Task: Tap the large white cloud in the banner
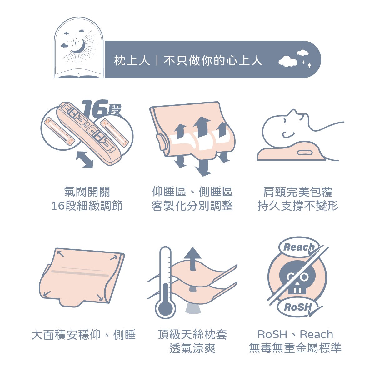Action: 287,61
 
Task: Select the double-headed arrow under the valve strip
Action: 85,159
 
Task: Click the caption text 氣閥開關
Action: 87,192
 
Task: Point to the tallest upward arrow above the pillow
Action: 202,127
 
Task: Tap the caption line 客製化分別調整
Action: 192,206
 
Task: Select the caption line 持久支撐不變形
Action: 298,206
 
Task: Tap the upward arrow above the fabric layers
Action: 193,259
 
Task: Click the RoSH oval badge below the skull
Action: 298,307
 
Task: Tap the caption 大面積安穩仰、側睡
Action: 83,335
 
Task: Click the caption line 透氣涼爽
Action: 192,348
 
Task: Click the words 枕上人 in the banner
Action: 132,60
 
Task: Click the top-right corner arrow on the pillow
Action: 114,258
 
